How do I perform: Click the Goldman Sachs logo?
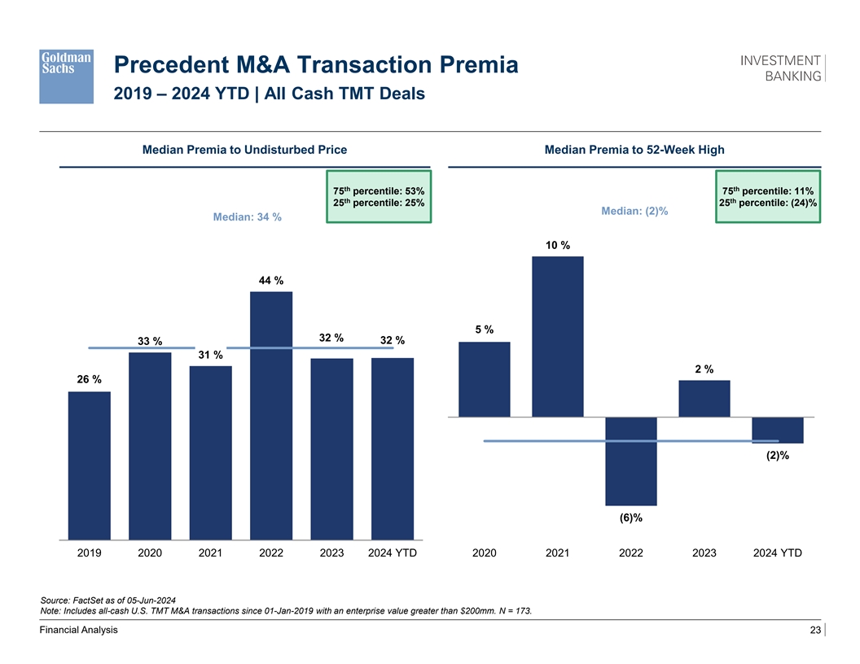coord(66,76)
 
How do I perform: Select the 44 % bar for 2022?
coord(271,415)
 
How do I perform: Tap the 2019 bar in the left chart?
coord(89,465)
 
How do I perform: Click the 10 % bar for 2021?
coord(558,336)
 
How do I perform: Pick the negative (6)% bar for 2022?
coord(631,461)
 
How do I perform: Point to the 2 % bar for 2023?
coord(704,399)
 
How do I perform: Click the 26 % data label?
coord(90,380)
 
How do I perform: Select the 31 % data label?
coord(210,355)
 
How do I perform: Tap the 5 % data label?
coord(485,330)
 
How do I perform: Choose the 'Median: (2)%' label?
coord(634,212)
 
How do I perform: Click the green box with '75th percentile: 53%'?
coord(379,197)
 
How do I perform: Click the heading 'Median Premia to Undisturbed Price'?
coord(244,150)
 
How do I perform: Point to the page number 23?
coord(814,631)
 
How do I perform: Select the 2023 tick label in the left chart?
coord(331,553)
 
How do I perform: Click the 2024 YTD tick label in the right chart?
coord(778,553)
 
